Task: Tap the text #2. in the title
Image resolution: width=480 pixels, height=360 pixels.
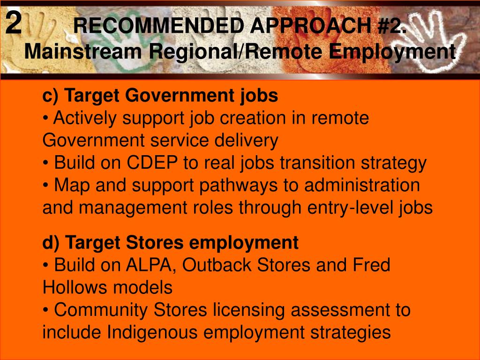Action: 392,26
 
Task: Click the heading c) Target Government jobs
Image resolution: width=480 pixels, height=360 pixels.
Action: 160,96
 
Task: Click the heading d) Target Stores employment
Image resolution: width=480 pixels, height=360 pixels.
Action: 170,243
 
